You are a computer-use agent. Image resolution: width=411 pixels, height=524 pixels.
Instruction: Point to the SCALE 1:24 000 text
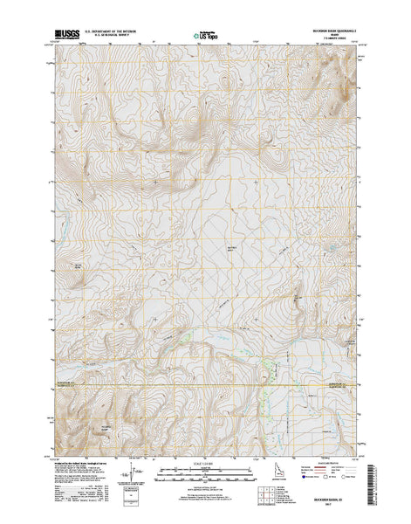point(206,456)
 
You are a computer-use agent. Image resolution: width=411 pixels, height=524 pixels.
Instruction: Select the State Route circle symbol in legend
point(343,478)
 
